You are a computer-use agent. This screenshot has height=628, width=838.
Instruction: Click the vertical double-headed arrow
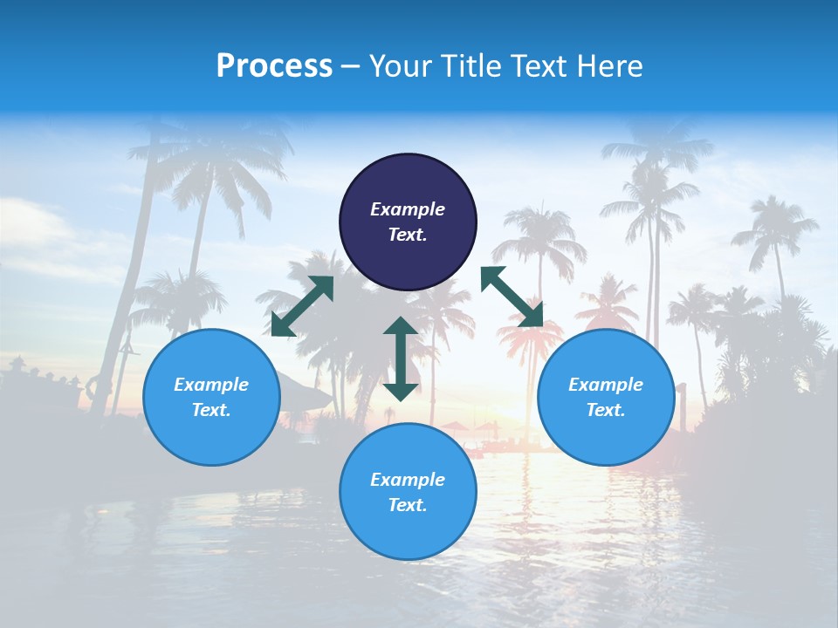(x=401, y=358)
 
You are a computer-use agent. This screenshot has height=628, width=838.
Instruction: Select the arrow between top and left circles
(x=302, y=306)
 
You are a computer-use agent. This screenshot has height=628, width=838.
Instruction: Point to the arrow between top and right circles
(x=512, y=297)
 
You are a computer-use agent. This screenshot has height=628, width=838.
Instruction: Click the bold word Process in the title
(x=274, y=65)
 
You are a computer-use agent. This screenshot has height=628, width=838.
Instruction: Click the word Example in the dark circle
(x=408, y=209)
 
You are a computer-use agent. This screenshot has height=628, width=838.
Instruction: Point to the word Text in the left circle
(x=211, y=410)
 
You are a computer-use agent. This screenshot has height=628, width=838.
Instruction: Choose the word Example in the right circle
(x=606, y=385)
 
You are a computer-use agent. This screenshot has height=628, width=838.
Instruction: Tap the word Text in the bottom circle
(x=408, y=505)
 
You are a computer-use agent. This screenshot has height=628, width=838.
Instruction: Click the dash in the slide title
(x=351, y=66)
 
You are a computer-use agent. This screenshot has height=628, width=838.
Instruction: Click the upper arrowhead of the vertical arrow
(x=401, y=326)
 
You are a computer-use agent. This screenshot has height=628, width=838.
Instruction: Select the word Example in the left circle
(x=211, y=385)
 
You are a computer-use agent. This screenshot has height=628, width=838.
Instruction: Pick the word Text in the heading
(x=539, y=65)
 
